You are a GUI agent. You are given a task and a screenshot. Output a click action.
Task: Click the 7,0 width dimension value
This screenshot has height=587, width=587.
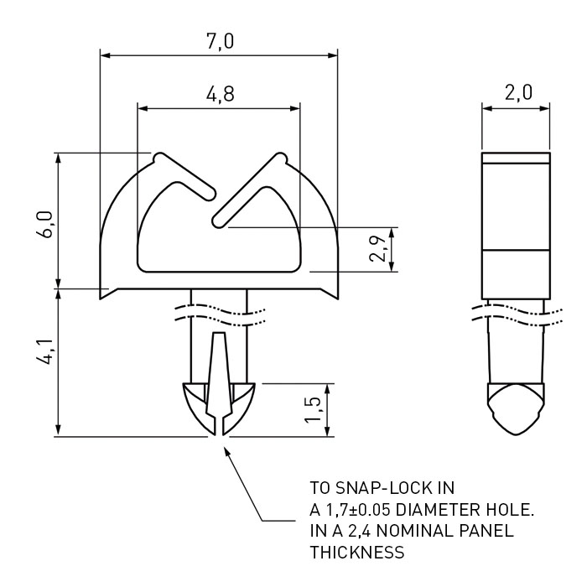(220, 41)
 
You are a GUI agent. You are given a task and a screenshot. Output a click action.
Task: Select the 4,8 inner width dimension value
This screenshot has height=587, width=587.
(220, 94)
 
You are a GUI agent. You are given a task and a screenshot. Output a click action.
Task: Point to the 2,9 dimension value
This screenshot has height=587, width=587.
(377, 249)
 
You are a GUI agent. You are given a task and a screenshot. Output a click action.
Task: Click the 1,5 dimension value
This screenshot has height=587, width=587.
(313, 409)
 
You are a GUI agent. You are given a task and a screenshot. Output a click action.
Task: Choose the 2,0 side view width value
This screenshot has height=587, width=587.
(518, 92)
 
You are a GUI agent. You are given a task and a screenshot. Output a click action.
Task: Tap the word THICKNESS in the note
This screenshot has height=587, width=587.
(357, 553)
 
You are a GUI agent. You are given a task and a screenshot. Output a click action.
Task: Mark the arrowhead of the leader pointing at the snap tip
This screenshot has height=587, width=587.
(226, 450)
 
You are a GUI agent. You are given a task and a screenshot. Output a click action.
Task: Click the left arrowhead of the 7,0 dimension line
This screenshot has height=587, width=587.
(105, 55)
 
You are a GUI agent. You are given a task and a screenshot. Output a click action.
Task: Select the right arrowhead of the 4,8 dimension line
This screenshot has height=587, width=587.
(295, 108)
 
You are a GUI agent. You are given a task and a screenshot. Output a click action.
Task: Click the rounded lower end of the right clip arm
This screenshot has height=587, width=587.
(219, 221)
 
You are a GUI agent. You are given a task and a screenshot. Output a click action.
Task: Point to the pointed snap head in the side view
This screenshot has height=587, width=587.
(516, 409)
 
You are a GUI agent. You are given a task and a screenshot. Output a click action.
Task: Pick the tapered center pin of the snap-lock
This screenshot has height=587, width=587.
(218, 378)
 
